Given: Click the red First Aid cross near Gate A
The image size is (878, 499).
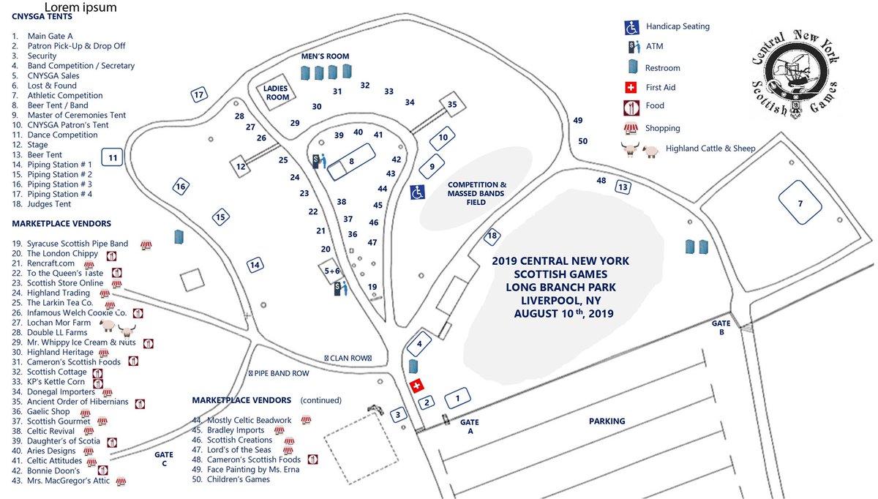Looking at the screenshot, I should coord(417,386).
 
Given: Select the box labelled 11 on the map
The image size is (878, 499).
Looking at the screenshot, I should coord(113,157).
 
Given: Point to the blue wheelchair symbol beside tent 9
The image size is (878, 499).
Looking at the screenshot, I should coord(417,192).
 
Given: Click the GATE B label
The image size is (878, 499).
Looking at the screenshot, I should coord(721,327).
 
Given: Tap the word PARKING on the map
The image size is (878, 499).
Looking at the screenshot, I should coord(607,421).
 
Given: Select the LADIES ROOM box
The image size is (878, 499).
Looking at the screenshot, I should coord(277,93).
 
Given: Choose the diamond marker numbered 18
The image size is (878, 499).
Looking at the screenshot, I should coord(492,235).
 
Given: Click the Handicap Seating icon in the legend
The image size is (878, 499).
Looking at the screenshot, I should coord(631,27).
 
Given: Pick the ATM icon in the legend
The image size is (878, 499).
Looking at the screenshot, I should coord(631,48).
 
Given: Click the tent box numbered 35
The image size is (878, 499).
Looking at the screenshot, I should coord(452,105).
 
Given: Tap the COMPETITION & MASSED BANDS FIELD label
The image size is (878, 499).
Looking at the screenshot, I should coord(476,193).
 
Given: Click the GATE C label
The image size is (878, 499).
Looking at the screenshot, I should coord(163,459).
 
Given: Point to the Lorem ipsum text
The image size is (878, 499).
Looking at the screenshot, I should coord(80,8).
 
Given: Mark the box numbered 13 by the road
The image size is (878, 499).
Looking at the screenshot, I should coord(623,187).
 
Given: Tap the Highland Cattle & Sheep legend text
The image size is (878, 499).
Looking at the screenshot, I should coord(710,149).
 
